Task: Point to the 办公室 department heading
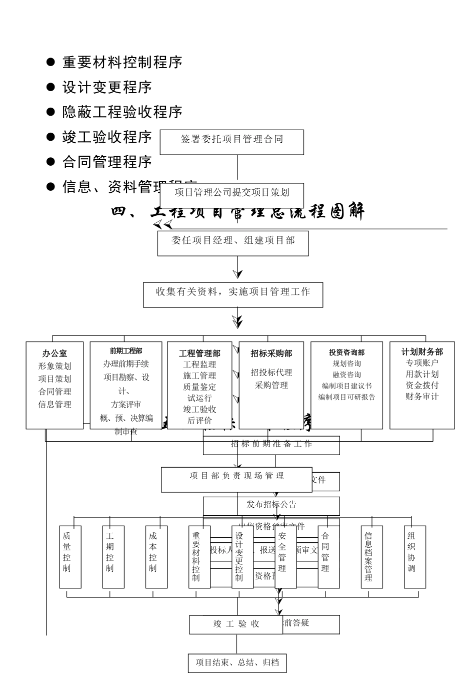(54, 353)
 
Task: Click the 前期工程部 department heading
(125, 351)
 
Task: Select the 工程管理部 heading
(199, 354)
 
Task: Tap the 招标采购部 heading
(271, 354)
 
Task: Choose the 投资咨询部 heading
(346, 353)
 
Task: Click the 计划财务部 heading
(422, 352)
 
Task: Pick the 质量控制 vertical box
(70, 556)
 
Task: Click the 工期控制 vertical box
(113, 556)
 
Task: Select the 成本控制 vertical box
(156, 556)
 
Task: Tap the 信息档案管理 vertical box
(371, 556)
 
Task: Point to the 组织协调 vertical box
(414, 556)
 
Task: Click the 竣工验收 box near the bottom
(236, 624)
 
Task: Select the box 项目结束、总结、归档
(237, 663)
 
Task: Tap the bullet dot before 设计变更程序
(50, 87)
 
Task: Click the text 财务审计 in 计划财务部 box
(422, 397)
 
